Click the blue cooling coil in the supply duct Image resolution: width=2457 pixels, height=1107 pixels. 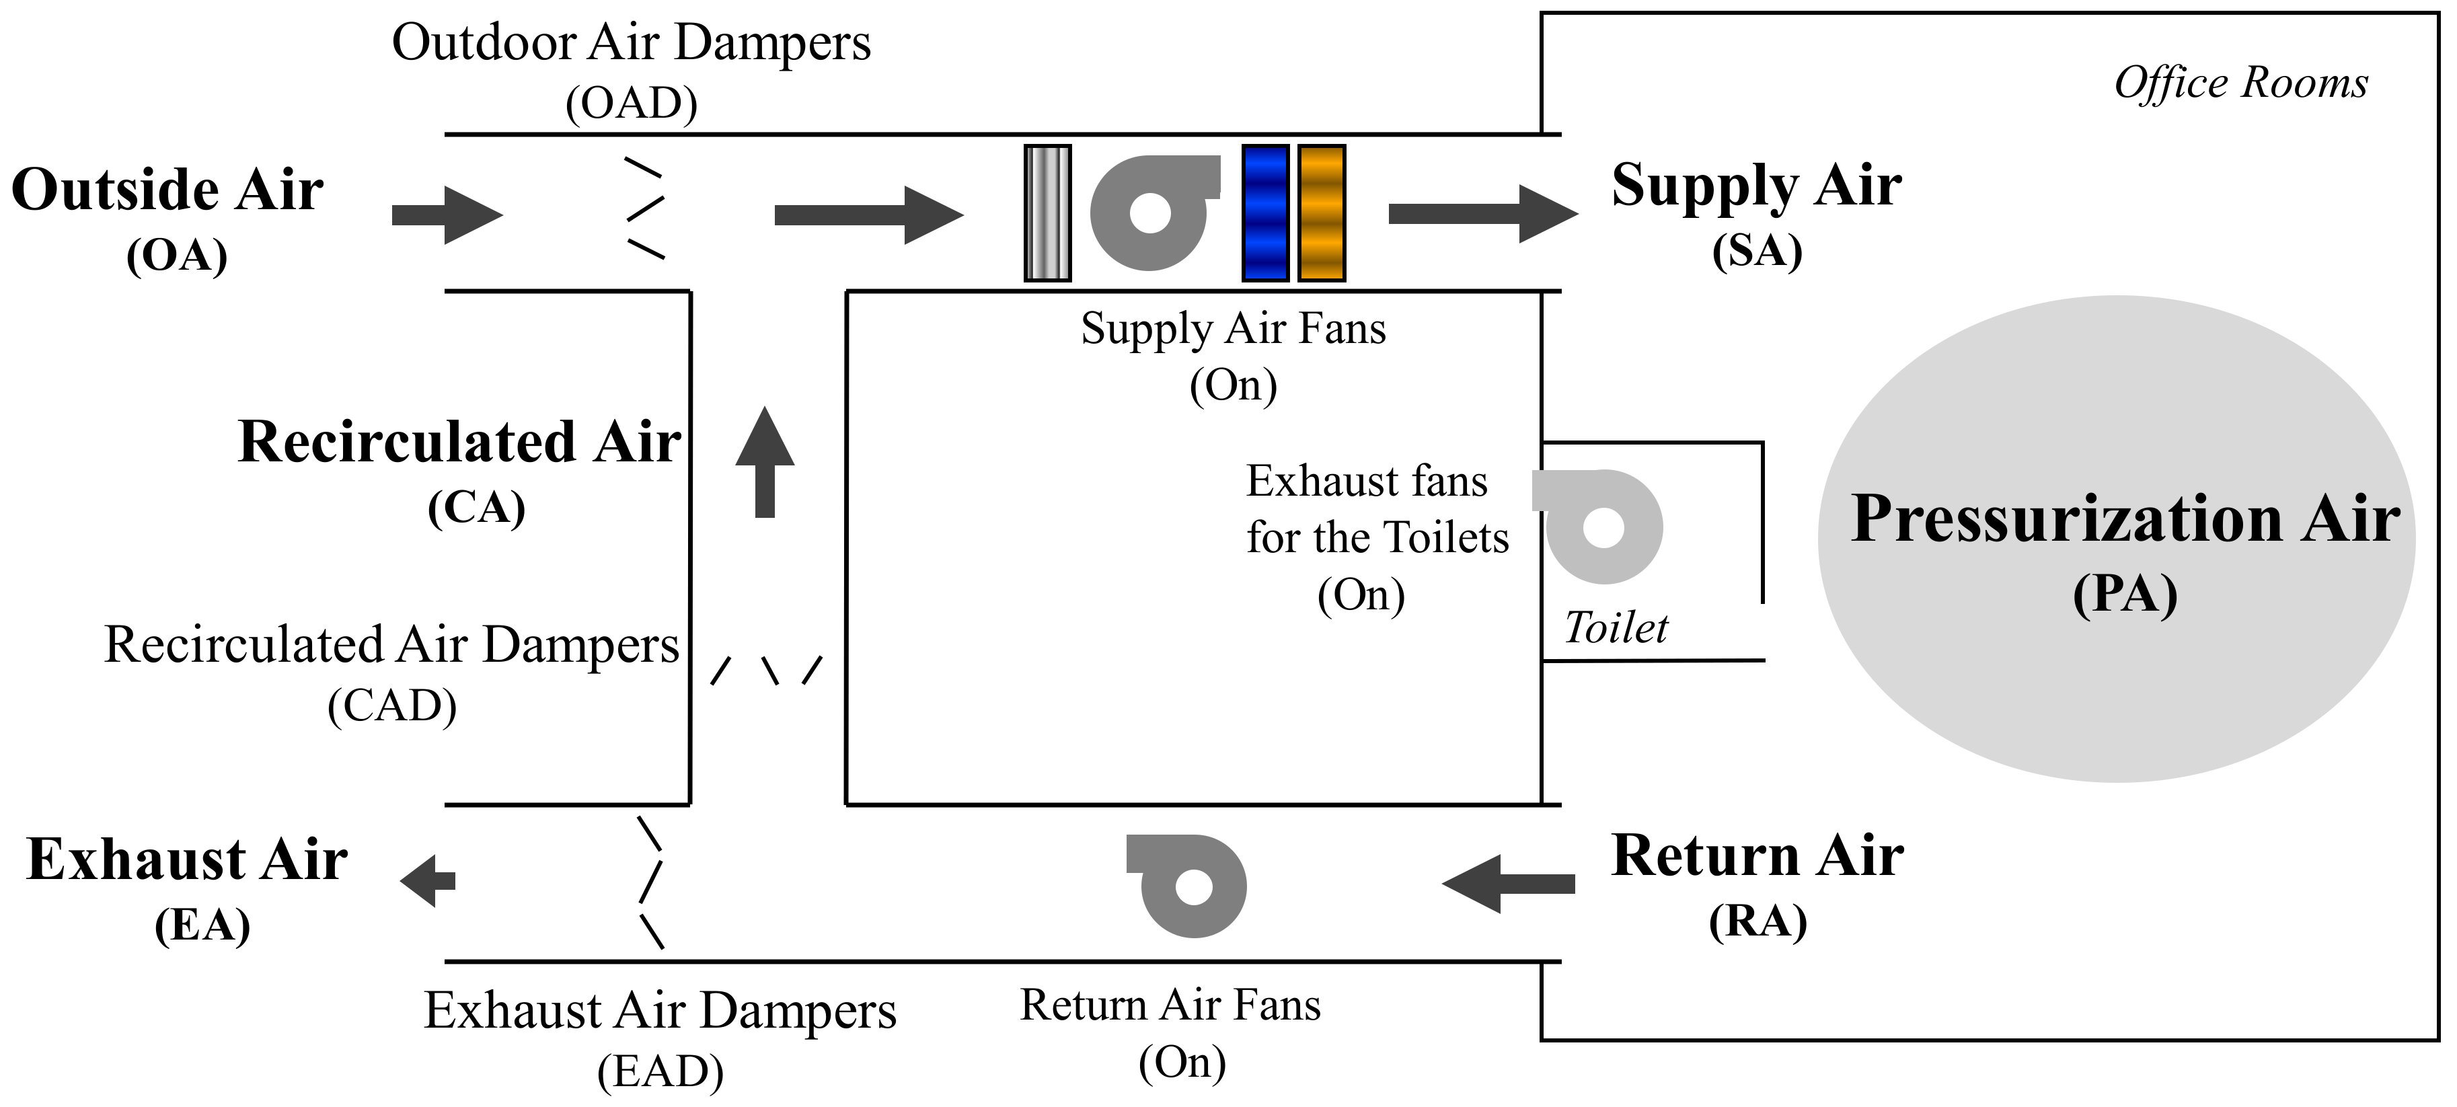[x=1266, y=214]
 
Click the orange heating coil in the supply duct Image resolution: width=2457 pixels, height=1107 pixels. [x=1322, y=214]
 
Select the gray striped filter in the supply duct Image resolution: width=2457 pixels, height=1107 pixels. [x=1047, y=214]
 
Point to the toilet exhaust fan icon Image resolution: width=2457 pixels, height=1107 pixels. [x=1601, y=527]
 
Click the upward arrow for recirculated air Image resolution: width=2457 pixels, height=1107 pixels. [x=765, y=463]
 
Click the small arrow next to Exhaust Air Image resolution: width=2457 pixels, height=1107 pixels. [x=428, y=880]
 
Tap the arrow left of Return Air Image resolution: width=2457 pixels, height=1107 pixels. [x=1507, y=884]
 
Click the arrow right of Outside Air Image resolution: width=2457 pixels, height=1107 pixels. [x=447, y=215]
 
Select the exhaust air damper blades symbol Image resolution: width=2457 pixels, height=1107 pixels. [x=650, y=882]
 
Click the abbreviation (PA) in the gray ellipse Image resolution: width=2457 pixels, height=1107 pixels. [x=2125, y=596]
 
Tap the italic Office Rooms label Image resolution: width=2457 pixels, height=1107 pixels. [x=2240, y=83]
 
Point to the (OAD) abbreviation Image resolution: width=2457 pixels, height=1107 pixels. [x=632, y=103]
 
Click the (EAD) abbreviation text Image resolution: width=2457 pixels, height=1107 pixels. [x=660, y=1072]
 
